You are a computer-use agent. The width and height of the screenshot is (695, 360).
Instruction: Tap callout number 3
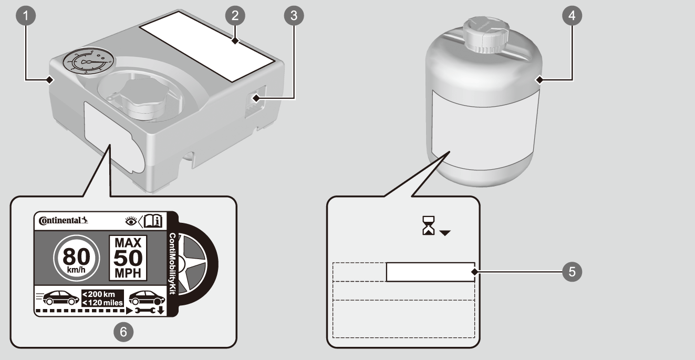tap(293, 16)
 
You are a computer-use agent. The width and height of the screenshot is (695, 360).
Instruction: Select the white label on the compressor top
tap(209, 46)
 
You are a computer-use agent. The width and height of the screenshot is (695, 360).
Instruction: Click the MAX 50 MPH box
tap(128, 258)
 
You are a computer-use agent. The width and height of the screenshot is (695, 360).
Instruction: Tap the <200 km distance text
tap(102, 293)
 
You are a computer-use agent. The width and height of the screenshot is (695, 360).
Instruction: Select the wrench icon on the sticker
tap(144, 311)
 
